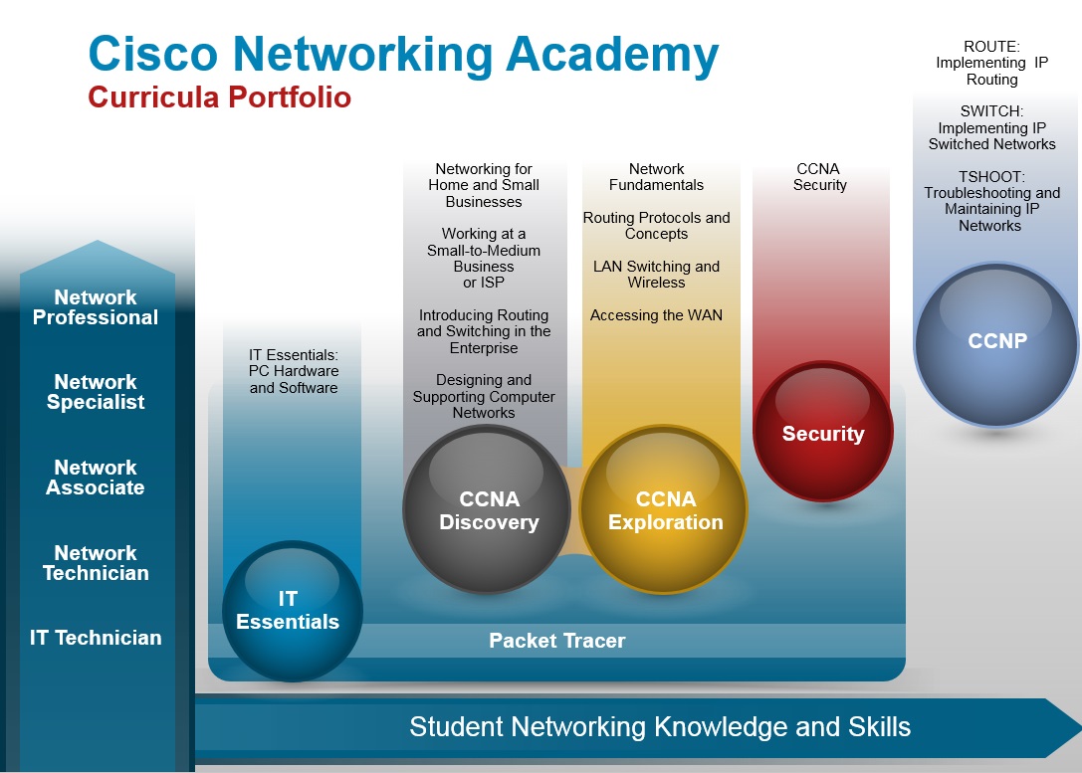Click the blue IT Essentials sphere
tap(293, 611)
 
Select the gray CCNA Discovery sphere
tap(487, 509)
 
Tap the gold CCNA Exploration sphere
tap(664, 509)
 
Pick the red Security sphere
tap(822, 431)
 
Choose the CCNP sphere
tap(995, 344)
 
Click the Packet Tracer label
tap(556, 641)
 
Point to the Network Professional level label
tap(96, 306)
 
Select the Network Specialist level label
tap(96, 392)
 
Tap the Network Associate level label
tap(96, 478)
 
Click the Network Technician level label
tap(96, 563)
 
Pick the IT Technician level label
tap(96, 637)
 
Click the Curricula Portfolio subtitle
tap(219, 97)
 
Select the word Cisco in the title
tap(153, 54)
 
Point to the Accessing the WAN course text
tap(656, 315)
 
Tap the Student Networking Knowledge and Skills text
tap(660, 727)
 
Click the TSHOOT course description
tap(991, 201)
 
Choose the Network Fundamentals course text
tap(656, 176)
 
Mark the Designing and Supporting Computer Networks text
tap(484, 397)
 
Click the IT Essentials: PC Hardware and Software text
tap(294, 371)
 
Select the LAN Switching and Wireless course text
tap(656, 275)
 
